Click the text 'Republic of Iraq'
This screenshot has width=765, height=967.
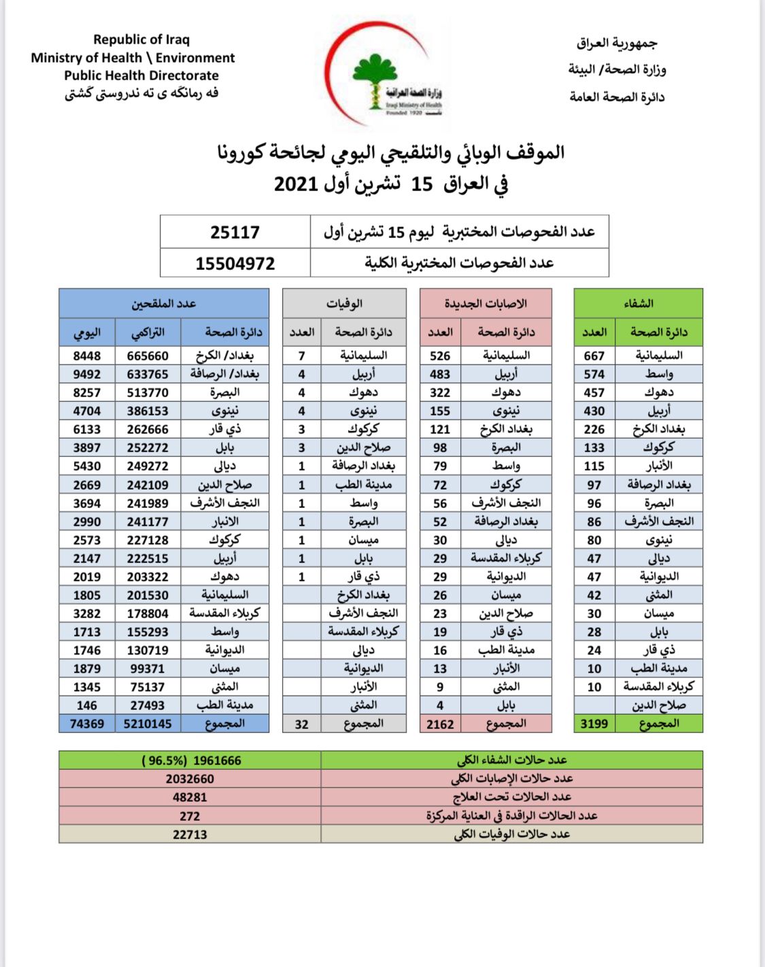141,39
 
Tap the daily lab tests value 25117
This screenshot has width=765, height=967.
235,233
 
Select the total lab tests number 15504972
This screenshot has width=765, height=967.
235,263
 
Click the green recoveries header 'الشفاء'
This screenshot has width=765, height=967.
638,303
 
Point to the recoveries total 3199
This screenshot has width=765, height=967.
594,724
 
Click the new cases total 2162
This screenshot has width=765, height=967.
440,724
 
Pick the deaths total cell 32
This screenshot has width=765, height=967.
301,724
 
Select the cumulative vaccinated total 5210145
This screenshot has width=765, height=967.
148,724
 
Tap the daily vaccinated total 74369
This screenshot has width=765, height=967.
87,724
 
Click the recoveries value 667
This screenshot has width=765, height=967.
594,356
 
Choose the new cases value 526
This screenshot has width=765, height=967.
440,356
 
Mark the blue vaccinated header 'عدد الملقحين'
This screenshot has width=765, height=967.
164,303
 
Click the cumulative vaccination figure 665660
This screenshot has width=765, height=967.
148,356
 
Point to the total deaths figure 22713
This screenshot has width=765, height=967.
190,834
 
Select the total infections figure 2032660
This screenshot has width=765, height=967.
190,779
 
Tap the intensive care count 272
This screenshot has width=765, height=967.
190,816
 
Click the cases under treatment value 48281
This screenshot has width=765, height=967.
190,797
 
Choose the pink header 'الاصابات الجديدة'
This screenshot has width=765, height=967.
486,303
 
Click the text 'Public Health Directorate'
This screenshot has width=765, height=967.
141,75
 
